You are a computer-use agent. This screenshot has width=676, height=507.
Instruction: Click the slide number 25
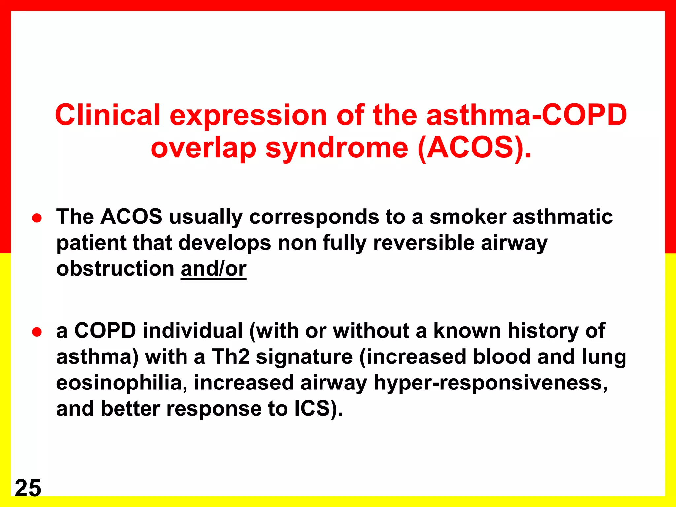coord(28,488)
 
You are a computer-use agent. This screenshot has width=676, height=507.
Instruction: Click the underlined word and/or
coord(213,269)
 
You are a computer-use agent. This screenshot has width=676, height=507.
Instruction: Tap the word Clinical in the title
coord(108,115)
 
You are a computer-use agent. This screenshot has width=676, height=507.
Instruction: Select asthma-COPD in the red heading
coord(526,115)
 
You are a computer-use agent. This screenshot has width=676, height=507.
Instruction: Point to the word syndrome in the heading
coord(337,148)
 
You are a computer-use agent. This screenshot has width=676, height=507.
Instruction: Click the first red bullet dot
coord(37,218)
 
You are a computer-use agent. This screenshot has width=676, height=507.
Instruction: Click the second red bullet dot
coord(37,332)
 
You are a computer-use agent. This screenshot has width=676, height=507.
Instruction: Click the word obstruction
coord(115,269)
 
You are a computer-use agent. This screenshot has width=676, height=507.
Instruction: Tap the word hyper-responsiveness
coord(490,383)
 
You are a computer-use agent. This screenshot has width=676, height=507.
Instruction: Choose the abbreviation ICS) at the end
coord(318,409)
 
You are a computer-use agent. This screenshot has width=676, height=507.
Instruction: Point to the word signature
coord(304,357)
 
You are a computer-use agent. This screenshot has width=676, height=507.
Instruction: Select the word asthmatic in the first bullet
coord(562,217)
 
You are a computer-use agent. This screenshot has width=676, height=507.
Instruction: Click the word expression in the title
coord(248,116)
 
